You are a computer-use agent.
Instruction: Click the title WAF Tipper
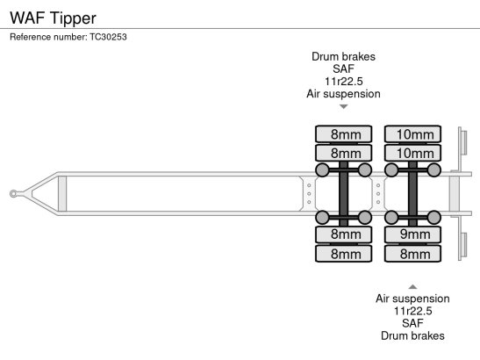53,18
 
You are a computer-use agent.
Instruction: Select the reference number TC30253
108,37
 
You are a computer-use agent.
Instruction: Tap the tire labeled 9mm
412,234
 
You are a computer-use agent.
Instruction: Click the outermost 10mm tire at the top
412,134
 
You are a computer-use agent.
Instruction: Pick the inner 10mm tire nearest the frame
412,153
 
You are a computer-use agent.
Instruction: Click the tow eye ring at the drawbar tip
13,194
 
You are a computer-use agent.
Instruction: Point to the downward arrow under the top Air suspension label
344,106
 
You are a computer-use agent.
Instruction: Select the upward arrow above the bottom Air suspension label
412,287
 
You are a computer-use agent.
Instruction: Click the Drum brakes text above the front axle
343,57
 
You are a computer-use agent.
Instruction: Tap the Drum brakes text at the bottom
412,335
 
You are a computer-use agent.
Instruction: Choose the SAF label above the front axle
343,69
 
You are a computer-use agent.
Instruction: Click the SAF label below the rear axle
412,323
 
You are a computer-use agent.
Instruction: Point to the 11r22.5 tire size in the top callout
343,82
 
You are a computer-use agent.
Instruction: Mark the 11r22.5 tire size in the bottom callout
412,311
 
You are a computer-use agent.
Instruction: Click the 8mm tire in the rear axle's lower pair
412,254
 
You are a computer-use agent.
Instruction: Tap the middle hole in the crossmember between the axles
378,194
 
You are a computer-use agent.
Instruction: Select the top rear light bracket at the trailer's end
462,142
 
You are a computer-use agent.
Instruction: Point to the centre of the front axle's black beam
343,194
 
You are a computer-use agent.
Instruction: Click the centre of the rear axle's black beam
412,194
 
